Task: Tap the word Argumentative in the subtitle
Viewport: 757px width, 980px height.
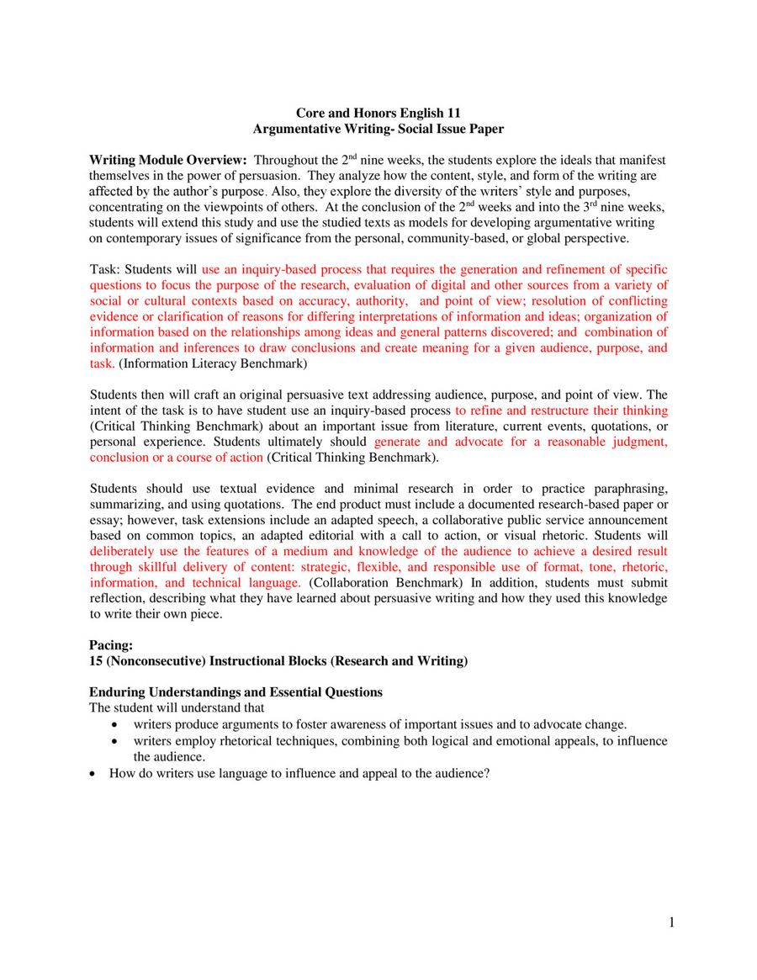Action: (x=294, y=129)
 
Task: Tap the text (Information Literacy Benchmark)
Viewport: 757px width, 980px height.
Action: (x=213, y=364)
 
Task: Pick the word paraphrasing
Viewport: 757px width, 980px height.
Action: (x=624, y=489)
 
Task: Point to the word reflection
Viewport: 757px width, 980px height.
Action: (x=119, y=599)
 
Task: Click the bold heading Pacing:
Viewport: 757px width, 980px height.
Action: (x=111, y=645)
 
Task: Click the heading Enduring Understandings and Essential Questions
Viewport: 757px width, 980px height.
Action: (x=236, y=692)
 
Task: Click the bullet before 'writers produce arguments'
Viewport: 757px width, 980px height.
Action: (x=115, y=725)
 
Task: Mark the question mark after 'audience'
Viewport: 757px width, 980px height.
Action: (x=486, y=773)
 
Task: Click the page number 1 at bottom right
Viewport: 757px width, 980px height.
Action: (x=671, y=924)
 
